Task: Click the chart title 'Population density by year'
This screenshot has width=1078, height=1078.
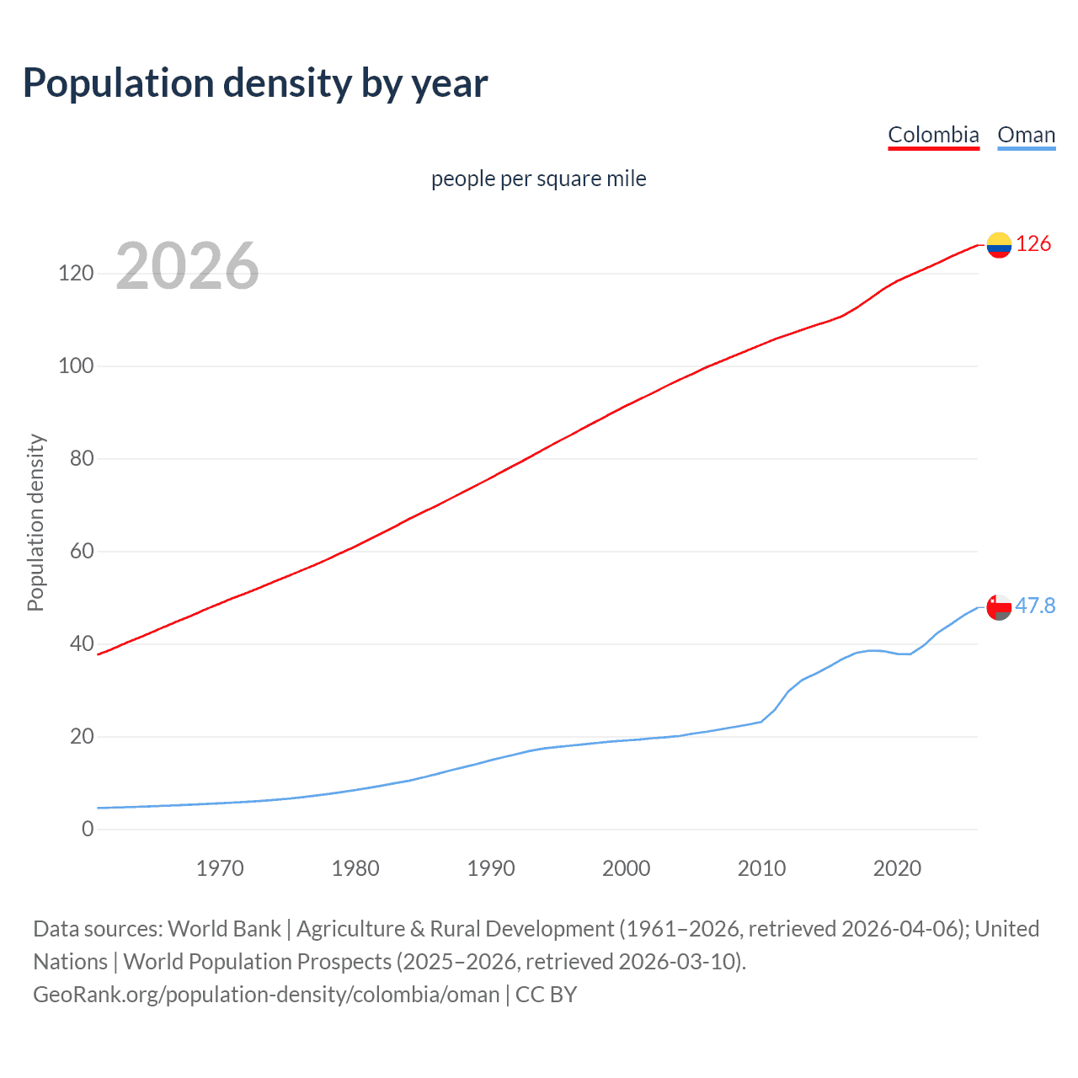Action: [255, 83]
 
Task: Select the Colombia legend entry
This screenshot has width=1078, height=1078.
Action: [933, 135]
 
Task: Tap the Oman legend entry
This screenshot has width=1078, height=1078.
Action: [1026, 135]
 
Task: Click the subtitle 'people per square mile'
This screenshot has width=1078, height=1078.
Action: [538, 179]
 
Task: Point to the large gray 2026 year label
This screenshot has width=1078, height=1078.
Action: [187, 266]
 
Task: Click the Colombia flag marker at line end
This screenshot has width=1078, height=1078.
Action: [999, 245]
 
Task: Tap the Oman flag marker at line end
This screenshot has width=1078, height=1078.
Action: [999, 607]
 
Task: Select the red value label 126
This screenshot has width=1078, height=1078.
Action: [1033, 244]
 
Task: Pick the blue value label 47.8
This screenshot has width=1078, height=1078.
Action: [1035, 606]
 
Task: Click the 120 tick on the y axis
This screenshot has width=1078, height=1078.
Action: [76, 274]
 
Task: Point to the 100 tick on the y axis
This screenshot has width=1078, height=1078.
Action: [76, 366]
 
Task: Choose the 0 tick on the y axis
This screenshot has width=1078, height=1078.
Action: [88, 830]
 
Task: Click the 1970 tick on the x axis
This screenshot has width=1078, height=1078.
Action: [220, 868]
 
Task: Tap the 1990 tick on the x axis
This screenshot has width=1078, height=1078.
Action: [491, 868]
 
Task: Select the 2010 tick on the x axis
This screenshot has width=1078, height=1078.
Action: [761, 868]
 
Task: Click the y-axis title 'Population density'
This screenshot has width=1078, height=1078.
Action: [35, 522]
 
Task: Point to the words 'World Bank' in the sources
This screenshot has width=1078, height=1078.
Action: [224, 929]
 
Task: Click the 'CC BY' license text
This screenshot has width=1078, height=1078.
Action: [546, 995]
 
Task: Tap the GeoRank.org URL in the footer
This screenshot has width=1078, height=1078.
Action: [266, 995]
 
